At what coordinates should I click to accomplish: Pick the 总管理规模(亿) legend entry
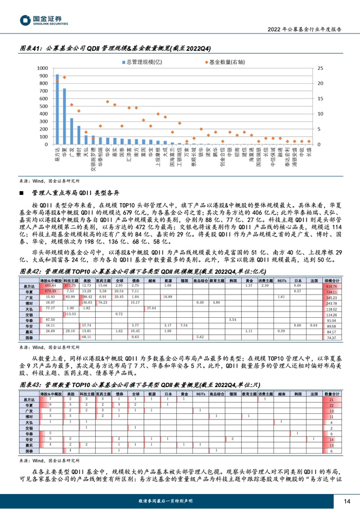click(x=141, y=62)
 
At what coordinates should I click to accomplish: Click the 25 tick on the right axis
click(x=320, y=68)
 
